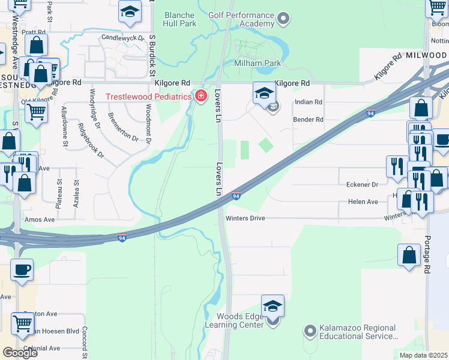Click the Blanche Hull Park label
click(179, 19)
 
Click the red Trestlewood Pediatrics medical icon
click(200, 96)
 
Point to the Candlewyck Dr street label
click(123, 37)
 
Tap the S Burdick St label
click(152, 55)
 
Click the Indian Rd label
click(308, 102)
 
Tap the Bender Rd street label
click(308, 119)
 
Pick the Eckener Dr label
click(363, 185)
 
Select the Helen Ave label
click(363, 202)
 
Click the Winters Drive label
click(245, 218)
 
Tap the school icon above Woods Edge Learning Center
click(273, 307)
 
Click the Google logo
click(20, 352)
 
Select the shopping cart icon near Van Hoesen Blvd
click(23, 323)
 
